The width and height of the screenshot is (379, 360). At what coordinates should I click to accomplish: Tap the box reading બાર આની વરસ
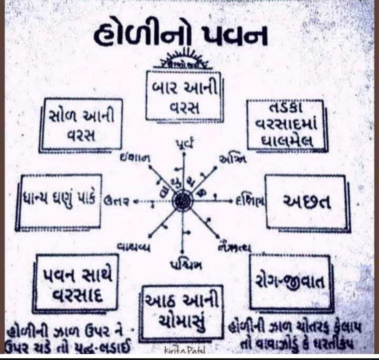tap(183, 95)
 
